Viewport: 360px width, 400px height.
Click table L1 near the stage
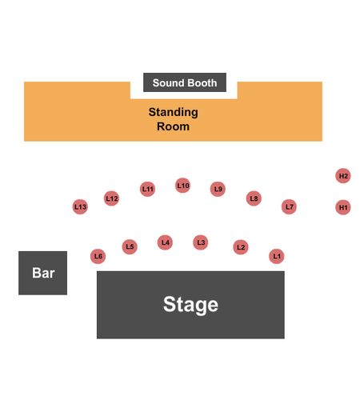(277, 256)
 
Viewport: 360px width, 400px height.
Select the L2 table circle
(241, 247)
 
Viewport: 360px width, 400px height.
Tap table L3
(201, 242)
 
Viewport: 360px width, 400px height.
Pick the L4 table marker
(165, 242)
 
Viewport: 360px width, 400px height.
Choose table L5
(130, 246)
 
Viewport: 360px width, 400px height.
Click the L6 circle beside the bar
(98, 256)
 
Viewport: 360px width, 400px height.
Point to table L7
(289, 206)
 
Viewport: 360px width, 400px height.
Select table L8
(254, 198)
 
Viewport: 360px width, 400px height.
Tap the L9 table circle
(218, 189)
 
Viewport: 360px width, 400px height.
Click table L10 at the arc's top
(183, 186)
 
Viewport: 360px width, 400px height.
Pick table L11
(147, 189)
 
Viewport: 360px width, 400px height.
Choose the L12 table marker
(111, 198)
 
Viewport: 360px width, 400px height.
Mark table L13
(80, 206)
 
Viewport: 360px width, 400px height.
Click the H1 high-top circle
(343, 207)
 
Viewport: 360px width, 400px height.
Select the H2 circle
(343, 176)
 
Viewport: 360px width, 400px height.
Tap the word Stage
(190, 305)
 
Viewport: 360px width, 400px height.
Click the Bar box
(42, 273)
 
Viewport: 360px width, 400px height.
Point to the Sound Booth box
(185, 82)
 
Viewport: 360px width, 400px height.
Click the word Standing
(174, 113)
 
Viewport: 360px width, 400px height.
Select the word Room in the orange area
(174, 126)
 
